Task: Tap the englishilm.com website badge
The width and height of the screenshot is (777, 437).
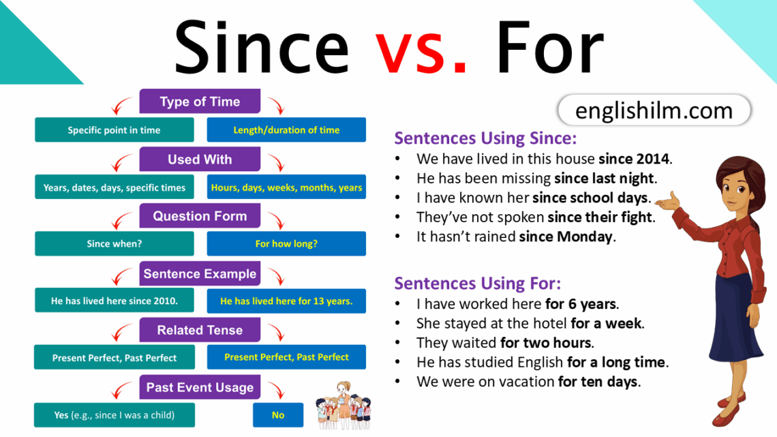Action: point(654,110)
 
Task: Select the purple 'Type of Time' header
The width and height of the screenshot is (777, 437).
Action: point(200,102)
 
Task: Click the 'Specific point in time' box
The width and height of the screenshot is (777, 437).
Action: point(114,130)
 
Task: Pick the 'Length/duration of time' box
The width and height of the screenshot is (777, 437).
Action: point(286,130)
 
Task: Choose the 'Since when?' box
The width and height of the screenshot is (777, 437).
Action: point(114,243)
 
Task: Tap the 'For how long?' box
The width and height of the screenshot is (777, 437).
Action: point(286,243)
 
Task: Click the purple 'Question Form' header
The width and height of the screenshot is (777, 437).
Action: point(200,216)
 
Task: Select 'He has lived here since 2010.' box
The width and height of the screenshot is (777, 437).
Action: point(114,301)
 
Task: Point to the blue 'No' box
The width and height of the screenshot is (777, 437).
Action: point(278,415)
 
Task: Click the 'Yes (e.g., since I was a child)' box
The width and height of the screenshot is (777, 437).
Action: point(114,415)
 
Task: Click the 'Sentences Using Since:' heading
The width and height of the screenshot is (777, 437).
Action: point(485,138)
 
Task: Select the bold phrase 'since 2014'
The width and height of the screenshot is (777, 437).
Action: point(635,160)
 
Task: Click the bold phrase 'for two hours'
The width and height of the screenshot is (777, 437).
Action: point(546,342)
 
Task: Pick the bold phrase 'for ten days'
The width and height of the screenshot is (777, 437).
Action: point(598,382)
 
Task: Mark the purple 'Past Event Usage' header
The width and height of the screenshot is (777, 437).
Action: point(200,387)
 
